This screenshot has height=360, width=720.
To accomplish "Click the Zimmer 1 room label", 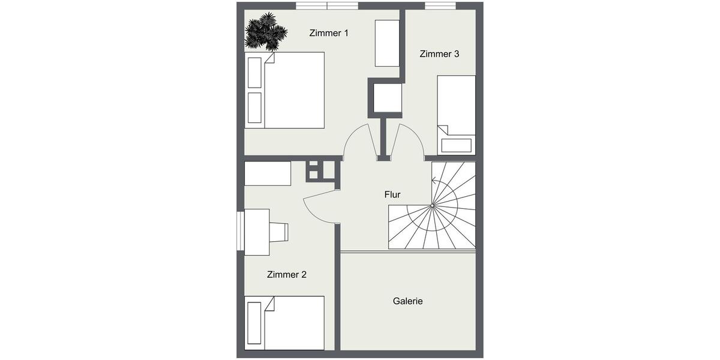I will click(328, 33).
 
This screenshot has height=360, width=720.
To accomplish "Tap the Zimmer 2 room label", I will click(286, 275).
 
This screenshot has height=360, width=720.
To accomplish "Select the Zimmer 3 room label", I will click(439, 54).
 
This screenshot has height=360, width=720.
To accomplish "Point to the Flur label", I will click(392, 194).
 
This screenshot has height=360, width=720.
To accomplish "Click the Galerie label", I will click(407, 301).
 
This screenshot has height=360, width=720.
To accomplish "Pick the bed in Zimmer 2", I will click(285, 322).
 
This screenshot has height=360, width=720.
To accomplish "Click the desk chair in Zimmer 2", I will click(279, 231).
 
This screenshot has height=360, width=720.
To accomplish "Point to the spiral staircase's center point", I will click(432, 206).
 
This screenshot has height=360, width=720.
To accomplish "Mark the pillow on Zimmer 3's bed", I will click(457, 145).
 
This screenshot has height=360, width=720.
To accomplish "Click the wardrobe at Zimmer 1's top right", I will click(387, 43).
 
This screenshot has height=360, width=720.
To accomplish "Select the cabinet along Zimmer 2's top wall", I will click(268, 173).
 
